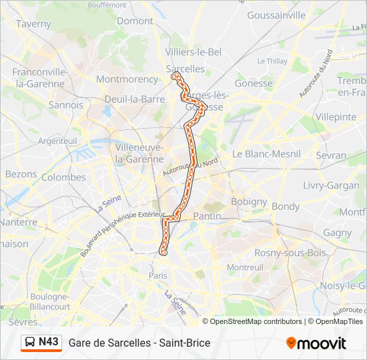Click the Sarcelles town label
coord(185,69)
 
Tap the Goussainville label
coord(276,15)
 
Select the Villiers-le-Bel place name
coord(193,52)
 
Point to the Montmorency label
coord(127,79)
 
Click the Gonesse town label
coord(254,83)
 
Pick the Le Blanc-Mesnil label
coord(266,153)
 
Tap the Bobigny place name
coord(249,201)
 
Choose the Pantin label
coord(207,216)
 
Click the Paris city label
coord(158,275)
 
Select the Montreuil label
coord(246,267)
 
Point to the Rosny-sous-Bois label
coord(290,253)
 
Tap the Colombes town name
coord(63,177)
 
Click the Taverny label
coord(33,24)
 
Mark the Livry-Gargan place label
coord(331,185)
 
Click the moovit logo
coord(316,343)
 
